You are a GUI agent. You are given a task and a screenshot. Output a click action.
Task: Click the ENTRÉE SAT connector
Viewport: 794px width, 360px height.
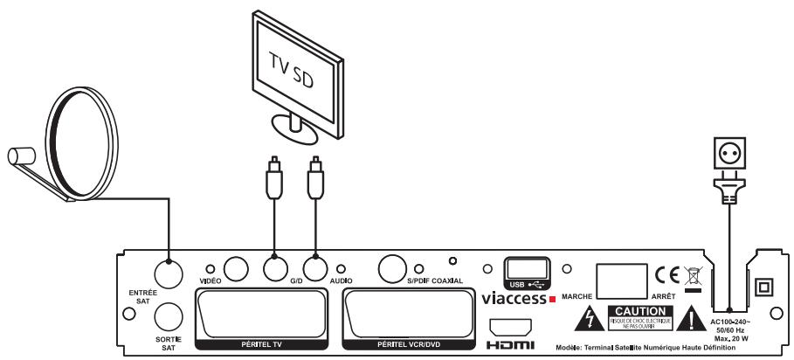[166, 272]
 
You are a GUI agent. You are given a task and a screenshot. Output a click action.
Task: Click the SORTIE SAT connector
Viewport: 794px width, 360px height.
[166, 315]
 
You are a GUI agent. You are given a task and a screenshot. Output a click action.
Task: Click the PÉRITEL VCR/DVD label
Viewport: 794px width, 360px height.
[410, 345]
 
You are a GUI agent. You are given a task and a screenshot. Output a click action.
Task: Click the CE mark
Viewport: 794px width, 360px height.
[663, 276]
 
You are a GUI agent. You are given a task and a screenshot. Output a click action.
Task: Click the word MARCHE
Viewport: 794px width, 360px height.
[577, 294]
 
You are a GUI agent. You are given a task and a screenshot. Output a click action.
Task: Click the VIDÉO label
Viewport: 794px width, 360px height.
[209, 280]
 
